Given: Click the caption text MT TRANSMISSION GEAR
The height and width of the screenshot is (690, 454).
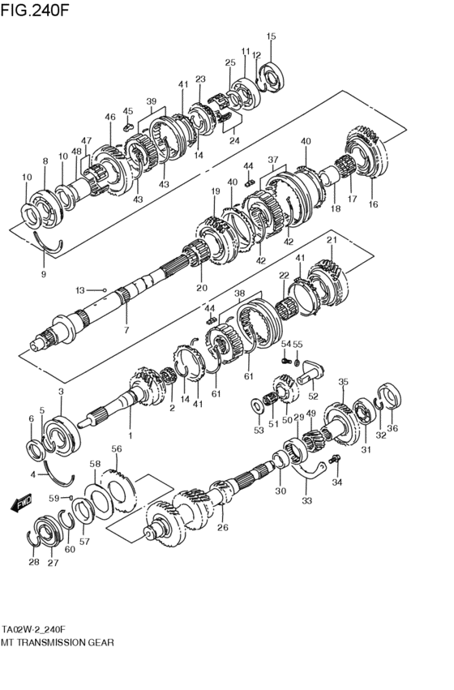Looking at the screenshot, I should coord(58,641).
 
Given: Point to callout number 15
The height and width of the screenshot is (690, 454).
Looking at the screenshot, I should coord(271,36).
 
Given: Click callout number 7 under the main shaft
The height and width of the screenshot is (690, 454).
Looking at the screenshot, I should coord(126,331).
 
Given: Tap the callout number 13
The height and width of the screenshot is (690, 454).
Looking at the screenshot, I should coord(80,289).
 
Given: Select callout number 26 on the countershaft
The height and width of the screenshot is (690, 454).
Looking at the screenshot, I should coord(223,528).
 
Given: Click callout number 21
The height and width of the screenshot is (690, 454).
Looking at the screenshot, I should coord(331,240).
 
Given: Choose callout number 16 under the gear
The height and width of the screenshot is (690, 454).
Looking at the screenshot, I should coord(373,204).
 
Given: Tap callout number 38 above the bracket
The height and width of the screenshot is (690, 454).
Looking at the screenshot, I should coord(239,294).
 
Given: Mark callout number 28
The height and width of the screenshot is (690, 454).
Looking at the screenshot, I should coord(33,561).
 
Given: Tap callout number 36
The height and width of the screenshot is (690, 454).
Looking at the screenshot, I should coord(393,429).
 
